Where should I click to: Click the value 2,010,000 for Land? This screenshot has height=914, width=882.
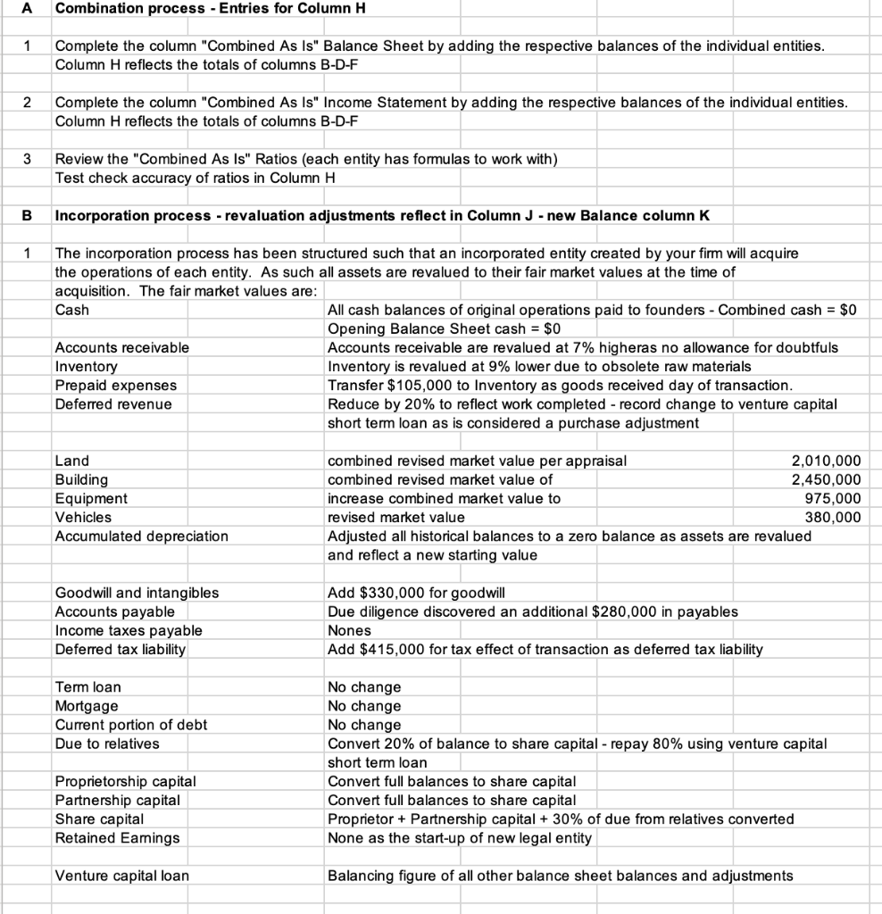[x=826, y=461]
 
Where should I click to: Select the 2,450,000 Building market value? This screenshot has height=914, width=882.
[x=826, y=479]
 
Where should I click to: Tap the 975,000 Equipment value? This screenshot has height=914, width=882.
[x=832, y=498]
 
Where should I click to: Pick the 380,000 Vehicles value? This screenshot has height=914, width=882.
[x=832, y=517]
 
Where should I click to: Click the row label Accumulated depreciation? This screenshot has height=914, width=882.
[x=141, y=536]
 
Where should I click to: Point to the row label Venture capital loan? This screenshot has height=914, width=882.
[x=121, y=875]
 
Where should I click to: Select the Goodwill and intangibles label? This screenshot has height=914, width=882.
[x=137, y=592]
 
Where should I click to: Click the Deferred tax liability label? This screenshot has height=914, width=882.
[x=121, y=649]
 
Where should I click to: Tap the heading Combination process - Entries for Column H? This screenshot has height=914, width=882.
[x=211, y=8]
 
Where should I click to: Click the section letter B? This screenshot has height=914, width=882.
[x=27, y=215]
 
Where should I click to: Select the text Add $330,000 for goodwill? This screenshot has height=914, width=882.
[x=416, y=592]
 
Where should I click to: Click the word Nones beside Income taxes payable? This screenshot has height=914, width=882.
[x=348, y=630]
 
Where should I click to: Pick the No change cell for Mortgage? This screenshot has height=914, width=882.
[x=364, y=705]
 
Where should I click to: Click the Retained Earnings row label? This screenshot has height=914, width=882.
[x=117, y=837]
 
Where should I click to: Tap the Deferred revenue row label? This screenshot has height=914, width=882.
[x=113, y=403]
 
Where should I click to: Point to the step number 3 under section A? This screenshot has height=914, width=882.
[x=27, y=159]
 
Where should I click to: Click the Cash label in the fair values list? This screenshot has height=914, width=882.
[x=71, y=310]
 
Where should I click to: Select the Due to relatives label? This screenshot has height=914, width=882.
[x=107, y=743]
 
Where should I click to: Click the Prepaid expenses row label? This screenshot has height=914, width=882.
[x=116, y=385]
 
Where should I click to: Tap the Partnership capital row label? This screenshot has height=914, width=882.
[x=117, y=800]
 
